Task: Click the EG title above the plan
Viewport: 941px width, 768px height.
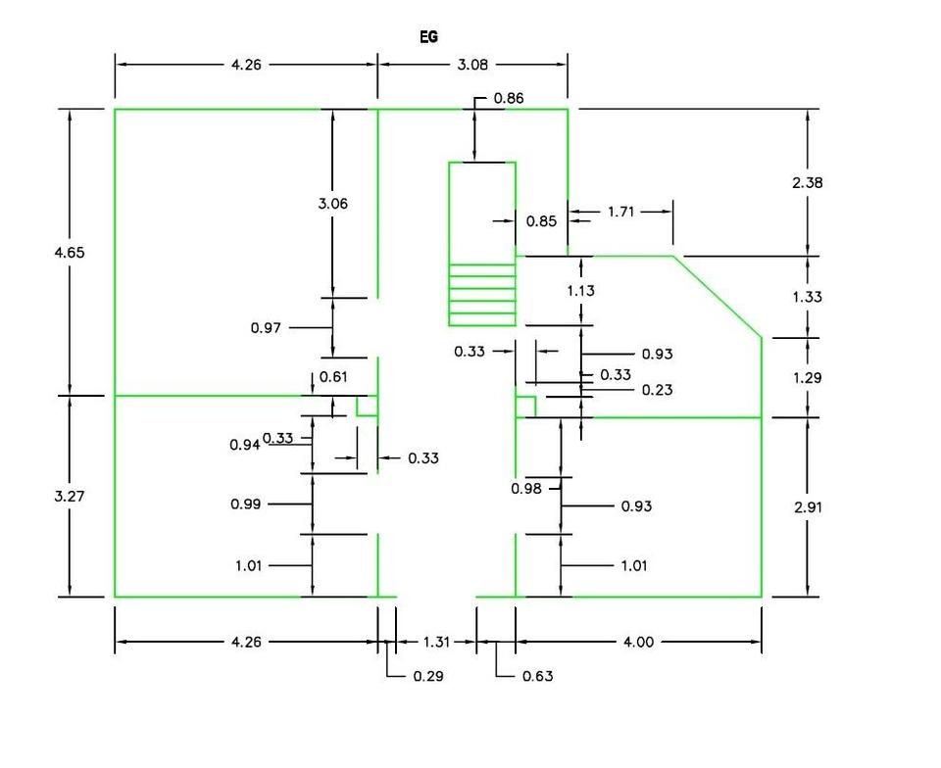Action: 428,37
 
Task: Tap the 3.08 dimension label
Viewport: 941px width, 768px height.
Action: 472,65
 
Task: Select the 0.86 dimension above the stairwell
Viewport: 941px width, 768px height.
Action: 509,98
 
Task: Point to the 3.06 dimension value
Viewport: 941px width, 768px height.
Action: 333,204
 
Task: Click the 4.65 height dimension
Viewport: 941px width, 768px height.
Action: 70,253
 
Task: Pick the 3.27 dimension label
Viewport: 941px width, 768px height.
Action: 70,497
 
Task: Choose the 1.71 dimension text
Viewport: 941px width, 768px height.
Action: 620,212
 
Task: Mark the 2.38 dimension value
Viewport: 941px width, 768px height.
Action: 807,183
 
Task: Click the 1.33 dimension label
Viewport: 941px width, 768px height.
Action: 807,297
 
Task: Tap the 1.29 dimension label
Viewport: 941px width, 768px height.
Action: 807,378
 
